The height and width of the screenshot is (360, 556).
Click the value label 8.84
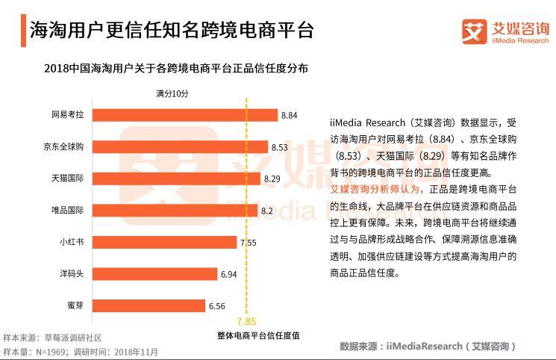pos(290,115)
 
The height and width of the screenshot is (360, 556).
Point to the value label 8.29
pos(272,179)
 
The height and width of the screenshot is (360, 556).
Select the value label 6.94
pos(228,275)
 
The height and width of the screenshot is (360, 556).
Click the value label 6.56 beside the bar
pos(216,306)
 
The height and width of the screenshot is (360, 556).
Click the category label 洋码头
pos(71,274)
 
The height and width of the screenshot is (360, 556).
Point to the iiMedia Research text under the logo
pos(520,41)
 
